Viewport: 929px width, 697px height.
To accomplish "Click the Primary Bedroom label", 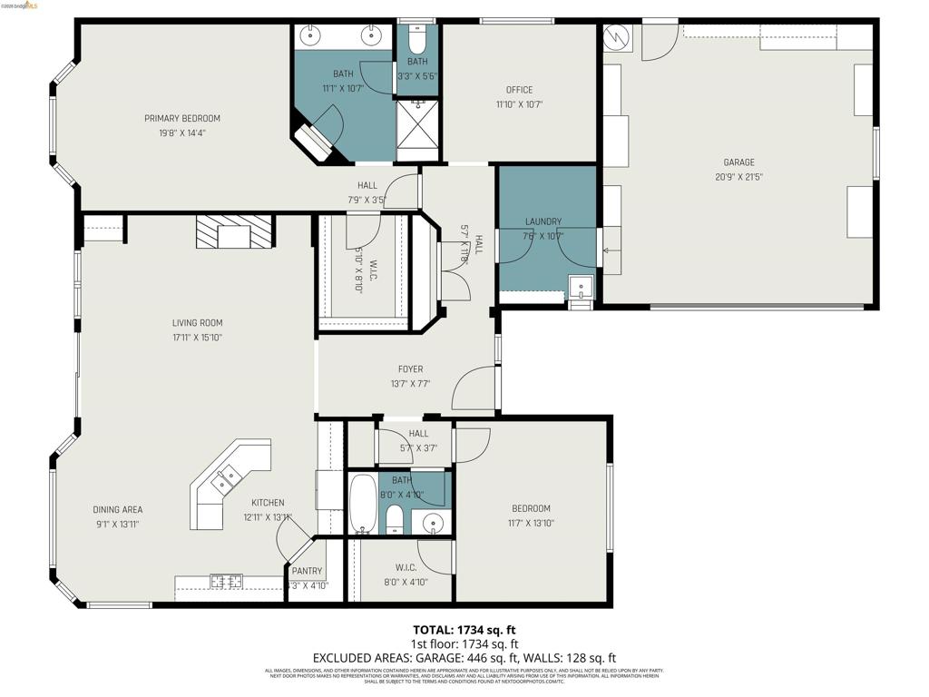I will point(182,118).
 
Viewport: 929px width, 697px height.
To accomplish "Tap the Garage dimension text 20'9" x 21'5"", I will point(739,177).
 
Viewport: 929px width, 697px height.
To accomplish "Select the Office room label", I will point(519,90).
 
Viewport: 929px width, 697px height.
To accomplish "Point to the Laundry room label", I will point(543,221).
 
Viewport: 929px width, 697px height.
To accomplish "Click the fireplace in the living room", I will point(234,232).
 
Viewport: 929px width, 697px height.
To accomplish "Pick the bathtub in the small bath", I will point(361,505).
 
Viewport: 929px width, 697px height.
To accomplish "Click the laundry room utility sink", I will point(579,289).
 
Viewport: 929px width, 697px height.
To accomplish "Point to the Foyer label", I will point(410,369).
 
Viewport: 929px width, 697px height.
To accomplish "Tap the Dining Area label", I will point(117,510).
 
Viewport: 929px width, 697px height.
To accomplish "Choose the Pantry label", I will point(307,571).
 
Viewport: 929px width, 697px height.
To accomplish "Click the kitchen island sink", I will point(226,477).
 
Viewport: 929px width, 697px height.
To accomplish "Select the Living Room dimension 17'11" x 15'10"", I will point(197,338).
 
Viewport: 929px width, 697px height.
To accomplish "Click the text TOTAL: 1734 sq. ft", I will point(464,629).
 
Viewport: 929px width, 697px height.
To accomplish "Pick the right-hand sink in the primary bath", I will point(371,36).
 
